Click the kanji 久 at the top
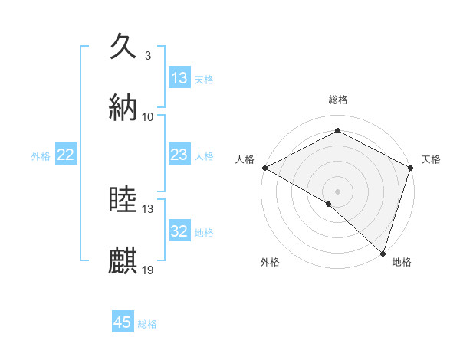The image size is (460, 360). [123, 47]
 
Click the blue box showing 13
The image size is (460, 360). [179, 78]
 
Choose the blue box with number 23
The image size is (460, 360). [179, 155]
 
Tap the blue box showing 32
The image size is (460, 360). [179, 231]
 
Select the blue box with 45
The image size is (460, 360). [123, 322]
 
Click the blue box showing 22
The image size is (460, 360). [66, 155]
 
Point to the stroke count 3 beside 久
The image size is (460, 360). [147, 56]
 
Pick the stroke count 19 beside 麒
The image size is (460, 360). [148, 270]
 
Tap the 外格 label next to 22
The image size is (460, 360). [41, 155]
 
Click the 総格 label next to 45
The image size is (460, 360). [147, 324]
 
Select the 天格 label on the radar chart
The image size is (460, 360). [431, 159]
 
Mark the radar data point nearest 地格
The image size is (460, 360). [383, 253]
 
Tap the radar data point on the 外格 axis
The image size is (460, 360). [329, 204]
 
